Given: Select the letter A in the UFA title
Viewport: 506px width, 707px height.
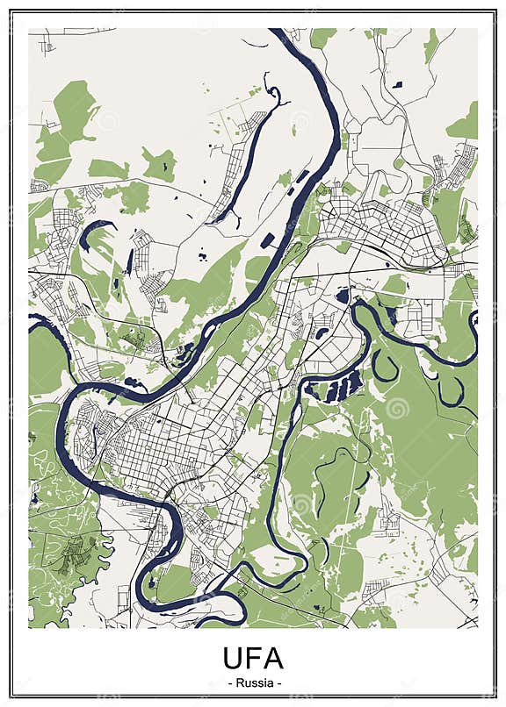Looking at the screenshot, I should click(275, 658).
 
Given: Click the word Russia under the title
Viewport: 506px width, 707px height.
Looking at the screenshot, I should click(253, 682).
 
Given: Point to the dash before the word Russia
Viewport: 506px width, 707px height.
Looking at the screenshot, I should click(228, 682).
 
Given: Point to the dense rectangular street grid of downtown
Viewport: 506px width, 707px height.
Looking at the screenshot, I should click(167, 447).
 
